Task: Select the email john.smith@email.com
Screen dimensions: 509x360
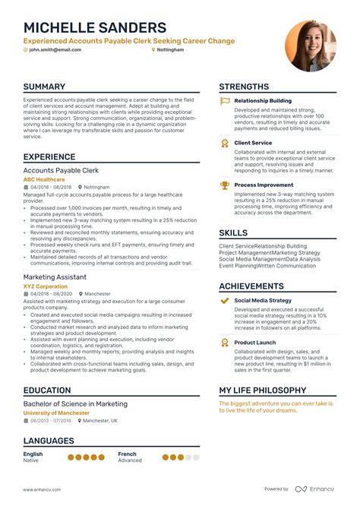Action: pyautogui.click(x=56, y=49)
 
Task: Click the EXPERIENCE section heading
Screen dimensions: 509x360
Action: pyautogui.click(x=49, y=156)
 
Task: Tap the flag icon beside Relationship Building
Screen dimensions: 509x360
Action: pyautogui.click(x=225, y=100)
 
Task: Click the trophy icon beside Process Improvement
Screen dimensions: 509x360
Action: pyautogui.click(x=225, y=185)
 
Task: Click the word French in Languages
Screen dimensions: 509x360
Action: pyautogui.click(x=128, y=454)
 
